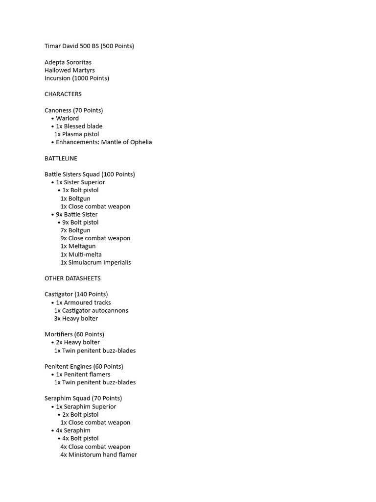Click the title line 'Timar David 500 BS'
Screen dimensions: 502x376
89,46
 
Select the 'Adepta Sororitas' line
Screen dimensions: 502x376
68,62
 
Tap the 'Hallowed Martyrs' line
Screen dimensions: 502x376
70,70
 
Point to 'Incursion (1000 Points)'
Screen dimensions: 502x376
77,78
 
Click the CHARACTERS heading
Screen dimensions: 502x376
63,94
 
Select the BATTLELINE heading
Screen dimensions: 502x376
61,158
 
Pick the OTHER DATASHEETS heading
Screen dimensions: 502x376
72,278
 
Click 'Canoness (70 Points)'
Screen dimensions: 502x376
74,110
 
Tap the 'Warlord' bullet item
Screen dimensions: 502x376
67,118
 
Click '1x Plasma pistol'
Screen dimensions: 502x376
76,134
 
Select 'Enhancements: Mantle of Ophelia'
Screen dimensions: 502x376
104,142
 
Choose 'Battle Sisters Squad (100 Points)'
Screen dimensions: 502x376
90,174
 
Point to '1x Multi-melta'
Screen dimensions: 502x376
81,254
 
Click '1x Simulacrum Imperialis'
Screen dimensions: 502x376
96,262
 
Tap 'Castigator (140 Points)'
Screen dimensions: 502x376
76,294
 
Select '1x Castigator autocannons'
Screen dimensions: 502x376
91,310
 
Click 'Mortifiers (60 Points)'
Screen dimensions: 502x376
74,334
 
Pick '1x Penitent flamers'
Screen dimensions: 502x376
83,375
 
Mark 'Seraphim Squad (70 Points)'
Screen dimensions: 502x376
83,398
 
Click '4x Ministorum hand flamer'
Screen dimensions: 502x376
99,454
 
